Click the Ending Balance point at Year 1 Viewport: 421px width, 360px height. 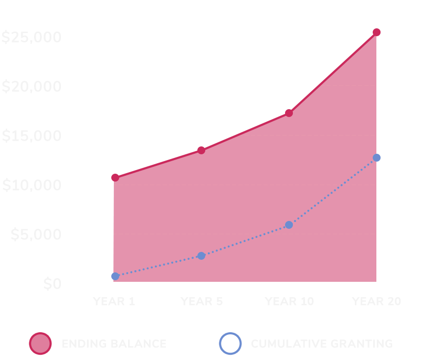tap(115, 177)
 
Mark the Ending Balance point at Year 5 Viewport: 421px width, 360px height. tap(201, 150)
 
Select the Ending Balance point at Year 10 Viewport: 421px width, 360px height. tap(289, 112)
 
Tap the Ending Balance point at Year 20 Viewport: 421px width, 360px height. tap(376, 33)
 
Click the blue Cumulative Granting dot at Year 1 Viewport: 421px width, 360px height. tap(115, 276)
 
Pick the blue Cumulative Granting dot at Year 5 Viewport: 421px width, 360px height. tap(201, 256)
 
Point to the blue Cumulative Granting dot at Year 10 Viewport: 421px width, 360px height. tap(289, 225)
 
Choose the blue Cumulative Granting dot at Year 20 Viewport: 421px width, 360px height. tap(376, 157)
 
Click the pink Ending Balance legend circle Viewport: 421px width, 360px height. tap(40, 344)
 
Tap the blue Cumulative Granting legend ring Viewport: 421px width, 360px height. tap(230, 344)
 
